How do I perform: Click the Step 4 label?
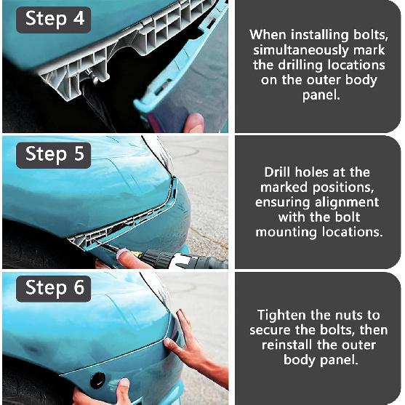point(54,20)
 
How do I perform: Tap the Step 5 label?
point(54,155)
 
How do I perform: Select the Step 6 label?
point(54,289)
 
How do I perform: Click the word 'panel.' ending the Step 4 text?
point(321,95)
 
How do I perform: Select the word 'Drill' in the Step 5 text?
point(278,172)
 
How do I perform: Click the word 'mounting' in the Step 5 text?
point(286,232)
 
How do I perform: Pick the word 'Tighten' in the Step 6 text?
point(282,316)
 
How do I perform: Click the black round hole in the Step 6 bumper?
point(98,380)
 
